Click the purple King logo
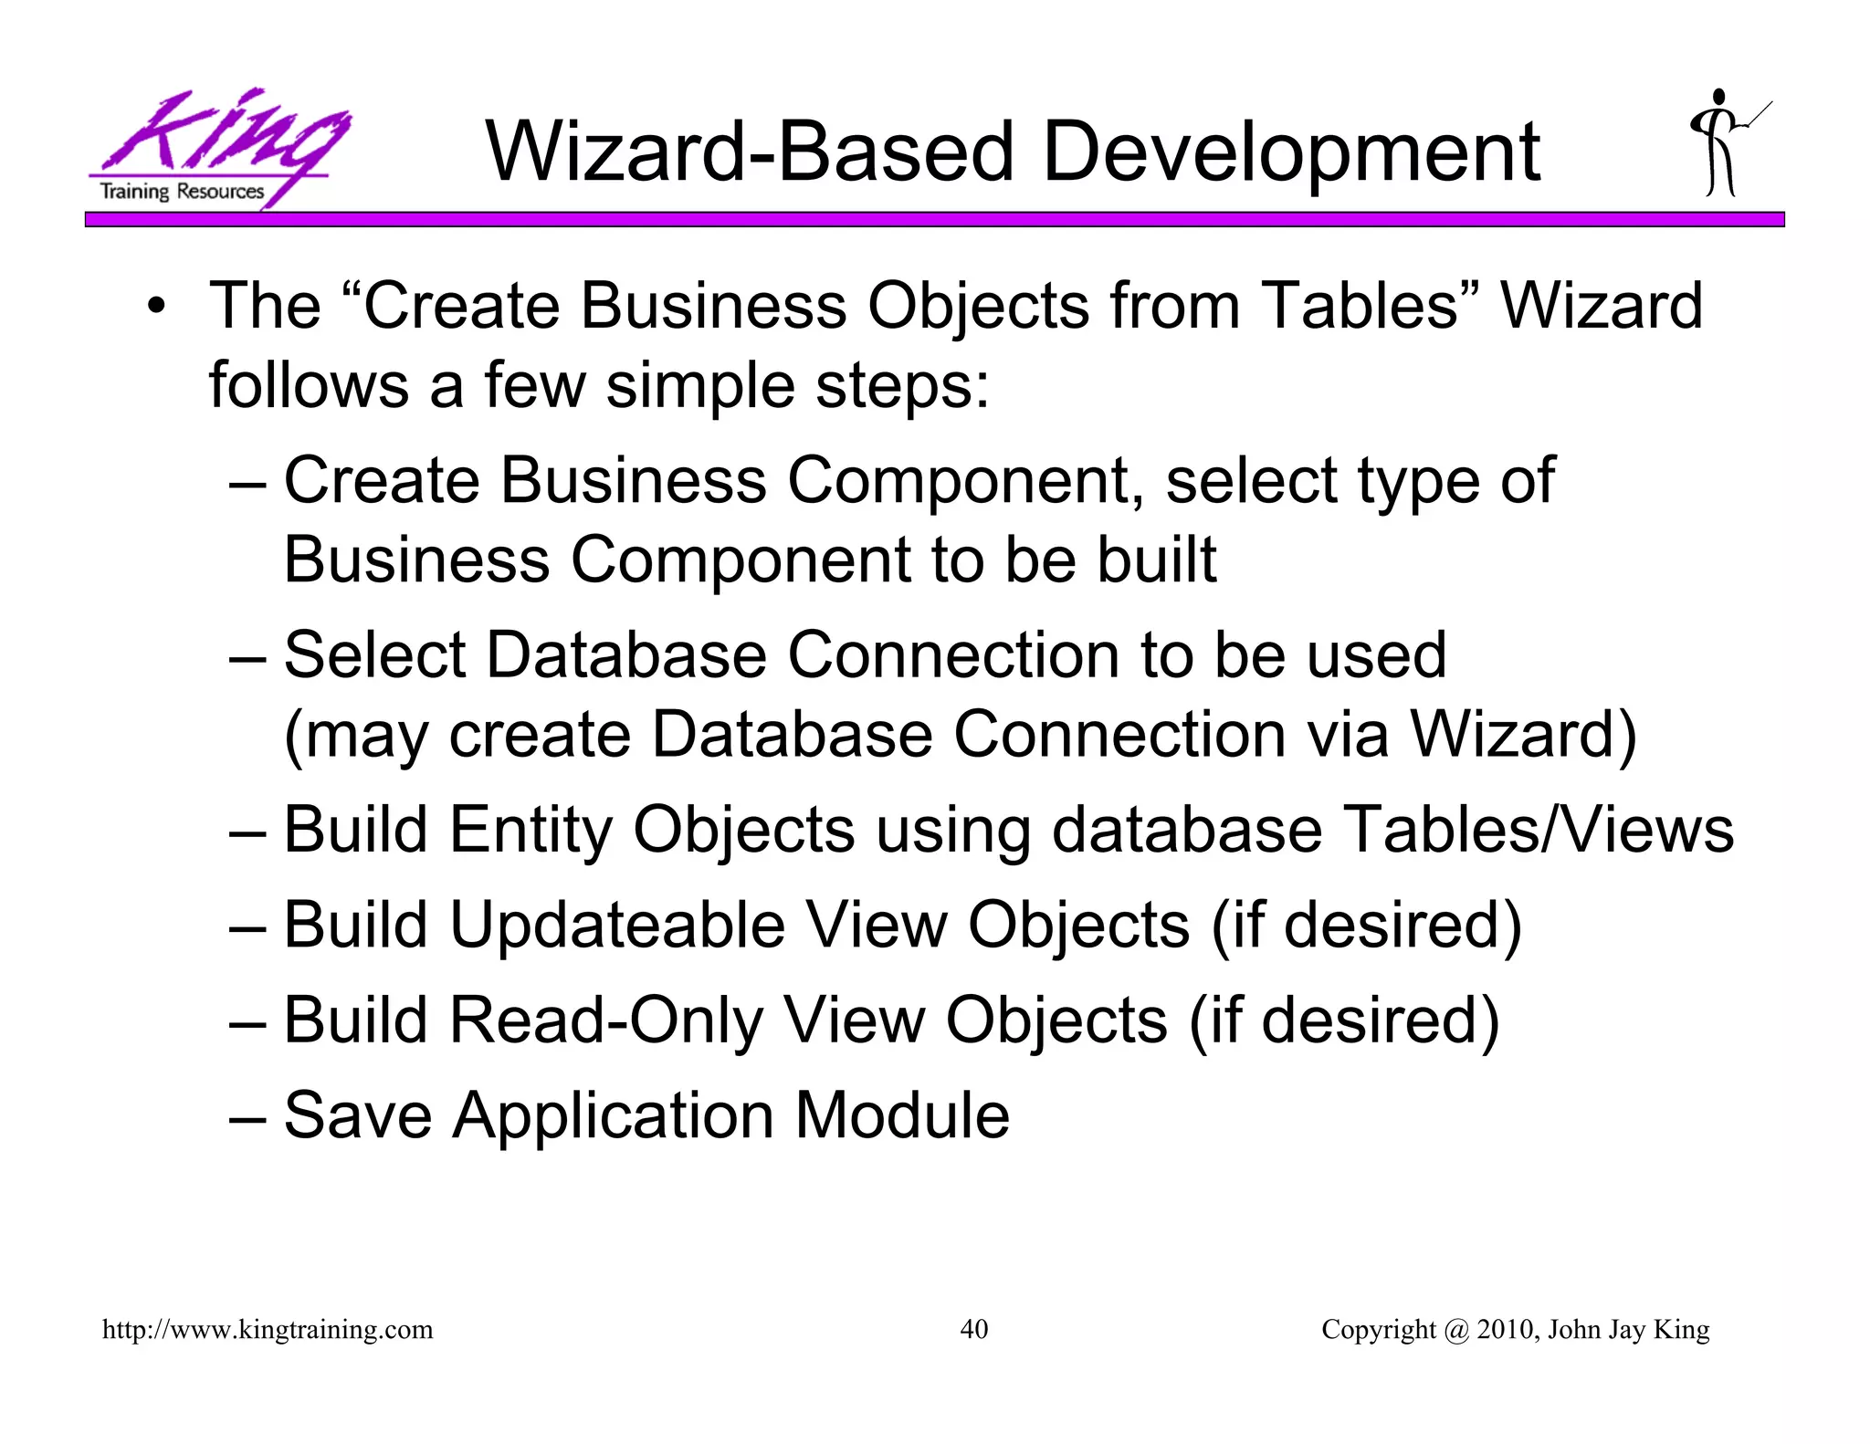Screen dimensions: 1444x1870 [x=219, y=146]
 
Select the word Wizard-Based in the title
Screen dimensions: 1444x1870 [x=749, y=152]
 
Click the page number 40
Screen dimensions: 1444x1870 [x=973, y=1329]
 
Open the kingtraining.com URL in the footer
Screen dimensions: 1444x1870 [x=268, y=1330]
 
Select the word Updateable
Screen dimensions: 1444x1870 [x=617, y=925]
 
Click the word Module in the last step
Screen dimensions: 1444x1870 [x=902, y=1114]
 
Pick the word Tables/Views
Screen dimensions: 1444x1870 [x=1539, y=830]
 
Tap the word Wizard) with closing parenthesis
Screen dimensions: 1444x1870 [x=1523, y=735]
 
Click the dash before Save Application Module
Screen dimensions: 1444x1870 [x=247, y=1116]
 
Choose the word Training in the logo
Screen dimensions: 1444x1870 [x=134, y=192]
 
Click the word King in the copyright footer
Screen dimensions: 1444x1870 [x=1681, y=1329]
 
